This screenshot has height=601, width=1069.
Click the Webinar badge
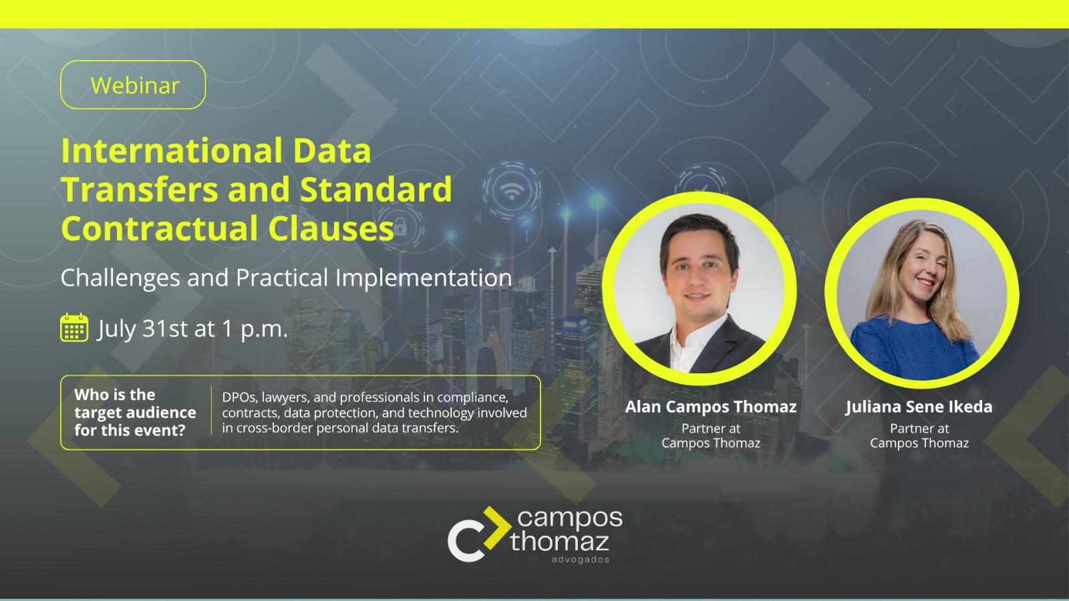(133, 85)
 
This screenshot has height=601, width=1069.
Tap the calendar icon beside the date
(74, 328)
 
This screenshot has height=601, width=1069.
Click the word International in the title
(170, 151)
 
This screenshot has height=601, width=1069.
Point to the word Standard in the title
(376, 190)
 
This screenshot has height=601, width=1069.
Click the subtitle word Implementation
(423, 278)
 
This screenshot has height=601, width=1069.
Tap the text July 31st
(142, 329)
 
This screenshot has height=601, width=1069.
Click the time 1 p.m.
(255, 329)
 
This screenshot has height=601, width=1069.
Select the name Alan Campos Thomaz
(711, 407)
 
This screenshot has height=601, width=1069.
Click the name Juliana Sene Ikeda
(919, 407)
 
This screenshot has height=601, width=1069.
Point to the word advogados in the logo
(580, 560)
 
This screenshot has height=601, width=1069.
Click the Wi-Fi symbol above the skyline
(512, 190)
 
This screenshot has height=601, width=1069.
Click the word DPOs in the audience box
(239, 397)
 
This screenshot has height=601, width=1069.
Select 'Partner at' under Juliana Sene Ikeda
(919, 429)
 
